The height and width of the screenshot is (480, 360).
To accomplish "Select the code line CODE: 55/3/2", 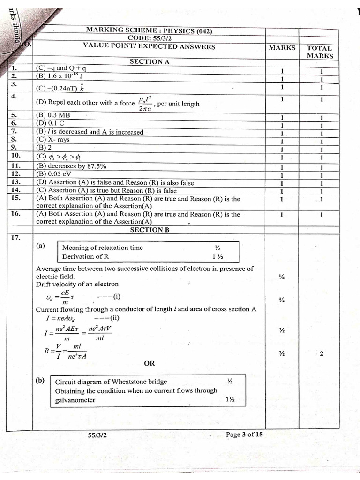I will click(x=149, y=38).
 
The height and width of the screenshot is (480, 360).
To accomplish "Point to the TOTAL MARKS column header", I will click(x=320, y=52).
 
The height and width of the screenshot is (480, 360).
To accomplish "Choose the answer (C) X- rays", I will click(x=52, y=140).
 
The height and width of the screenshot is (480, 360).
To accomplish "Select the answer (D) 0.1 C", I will click(x=52, y=124).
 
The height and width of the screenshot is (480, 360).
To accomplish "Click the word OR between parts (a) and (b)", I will click(x=150, y=363).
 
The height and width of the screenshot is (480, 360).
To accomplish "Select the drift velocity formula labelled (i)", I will click(x=77, y=297).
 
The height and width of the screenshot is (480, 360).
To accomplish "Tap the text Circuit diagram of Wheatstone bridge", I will click(x=111, y=382).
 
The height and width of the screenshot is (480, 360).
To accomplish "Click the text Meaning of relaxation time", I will click(x=102, y=247).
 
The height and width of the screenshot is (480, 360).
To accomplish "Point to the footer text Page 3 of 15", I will click(x=244, y=434).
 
